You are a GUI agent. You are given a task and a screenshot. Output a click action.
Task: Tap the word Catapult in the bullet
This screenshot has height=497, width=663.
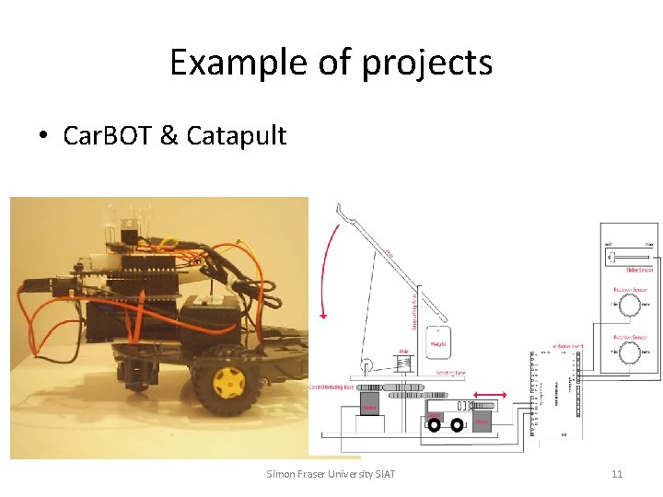(x=237, y=136)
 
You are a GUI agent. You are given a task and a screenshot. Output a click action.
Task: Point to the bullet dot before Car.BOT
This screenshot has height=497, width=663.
(x=43, y=137)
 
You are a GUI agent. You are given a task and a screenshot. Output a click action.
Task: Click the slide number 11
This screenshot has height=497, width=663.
(x=618, y=474)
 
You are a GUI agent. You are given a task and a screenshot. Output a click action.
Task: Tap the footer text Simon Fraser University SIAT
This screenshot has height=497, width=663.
(x=331, y=474)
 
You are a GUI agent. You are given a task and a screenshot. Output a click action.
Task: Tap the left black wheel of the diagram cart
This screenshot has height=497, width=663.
(x=434, y=424)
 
